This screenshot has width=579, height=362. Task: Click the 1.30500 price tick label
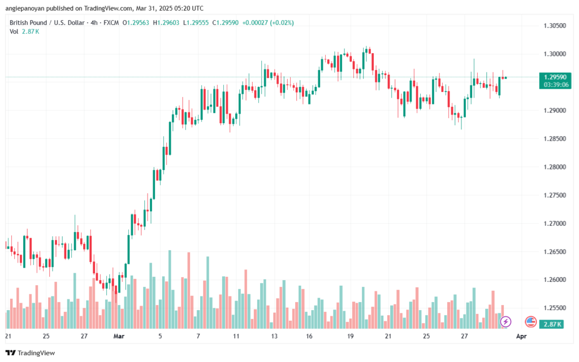click(x=555, y=26)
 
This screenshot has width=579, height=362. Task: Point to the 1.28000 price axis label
click(x=555, y=167)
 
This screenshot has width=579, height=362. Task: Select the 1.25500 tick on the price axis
click(x=555, y=308)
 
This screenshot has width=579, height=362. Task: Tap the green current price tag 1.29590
click(x=555, y=77)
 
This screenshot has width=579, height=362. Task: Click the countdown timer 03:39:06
click(x=555, y=84)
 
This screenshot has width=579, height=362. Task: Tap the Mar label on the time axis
click(x=119, y=337)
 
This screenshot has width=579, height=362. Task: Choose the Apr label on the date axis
click(x=521, y=337)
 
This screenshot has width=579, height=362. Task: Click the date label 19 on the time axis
click(x=351, y=337)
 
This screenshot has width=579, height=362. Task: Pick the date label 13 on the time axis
click(x=274, y=337)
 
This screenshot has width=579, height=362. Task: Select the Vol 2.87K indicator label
click(x=24, y=32)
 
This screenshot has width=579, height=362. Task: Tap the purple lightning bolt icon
click(x=506, y=322)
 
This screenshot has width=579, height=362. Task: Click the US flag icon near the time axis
click(x=530, y=322)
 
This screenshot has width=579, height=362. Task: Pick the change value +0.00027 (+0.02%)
click(x=268, y=23)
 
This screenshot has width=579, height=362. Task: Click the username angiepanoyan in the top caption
click(x=28, y=8)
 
